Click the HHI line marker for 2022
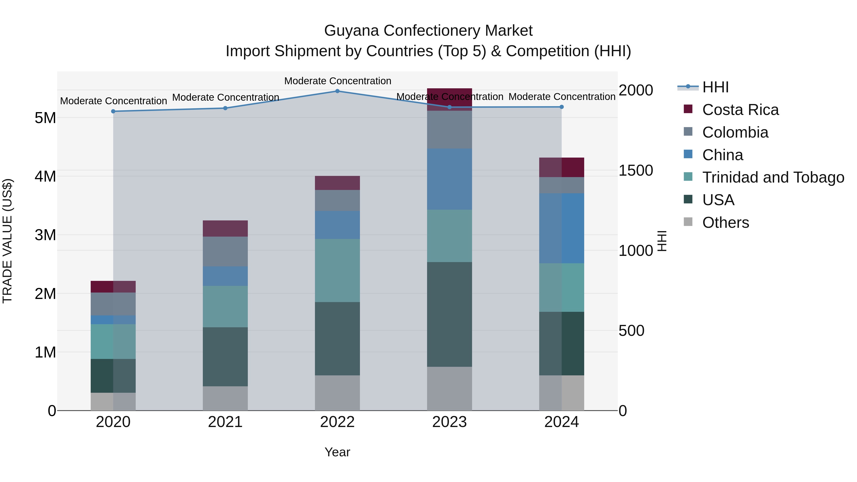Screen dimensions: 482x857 click(337, 91)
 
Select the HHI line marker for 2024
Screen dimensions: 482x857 click(562, 107)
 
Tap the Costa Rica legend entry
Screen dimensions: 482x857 click(740, 110)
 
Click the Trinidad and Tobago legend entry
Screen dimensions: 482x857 click(773, 177)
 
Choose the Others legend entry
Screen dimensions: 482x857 click(725, 223)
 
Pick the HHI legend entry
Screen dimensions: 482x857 click(715, 87)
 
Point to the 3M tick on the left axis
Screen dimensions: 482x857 click(45, 235)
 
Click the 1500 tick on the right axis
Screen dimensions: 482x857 click(635, 171)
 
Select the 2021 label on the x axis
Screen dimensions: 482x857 click(225, 422)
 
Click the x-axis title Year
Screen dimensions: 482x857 click(337, 452)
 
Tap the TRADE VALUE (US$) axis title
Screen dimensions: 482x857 click(7, 241)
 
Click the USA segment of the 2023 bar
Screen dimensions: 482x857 click(449, 314)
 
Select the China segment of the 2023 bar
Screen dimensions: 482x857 click(449, 179)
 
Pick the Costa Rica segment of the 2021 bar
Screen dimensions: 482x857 click(225, 229)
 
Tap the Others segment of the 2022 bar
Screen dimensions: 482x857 click(337, 393)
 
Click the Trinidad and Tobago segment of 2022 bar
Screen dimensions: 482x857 click(337, 270)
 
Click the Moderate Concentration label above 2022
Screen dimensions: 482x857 click(337, 81)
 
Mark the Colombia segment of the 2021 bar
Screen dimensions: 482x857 click(225, 252)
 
